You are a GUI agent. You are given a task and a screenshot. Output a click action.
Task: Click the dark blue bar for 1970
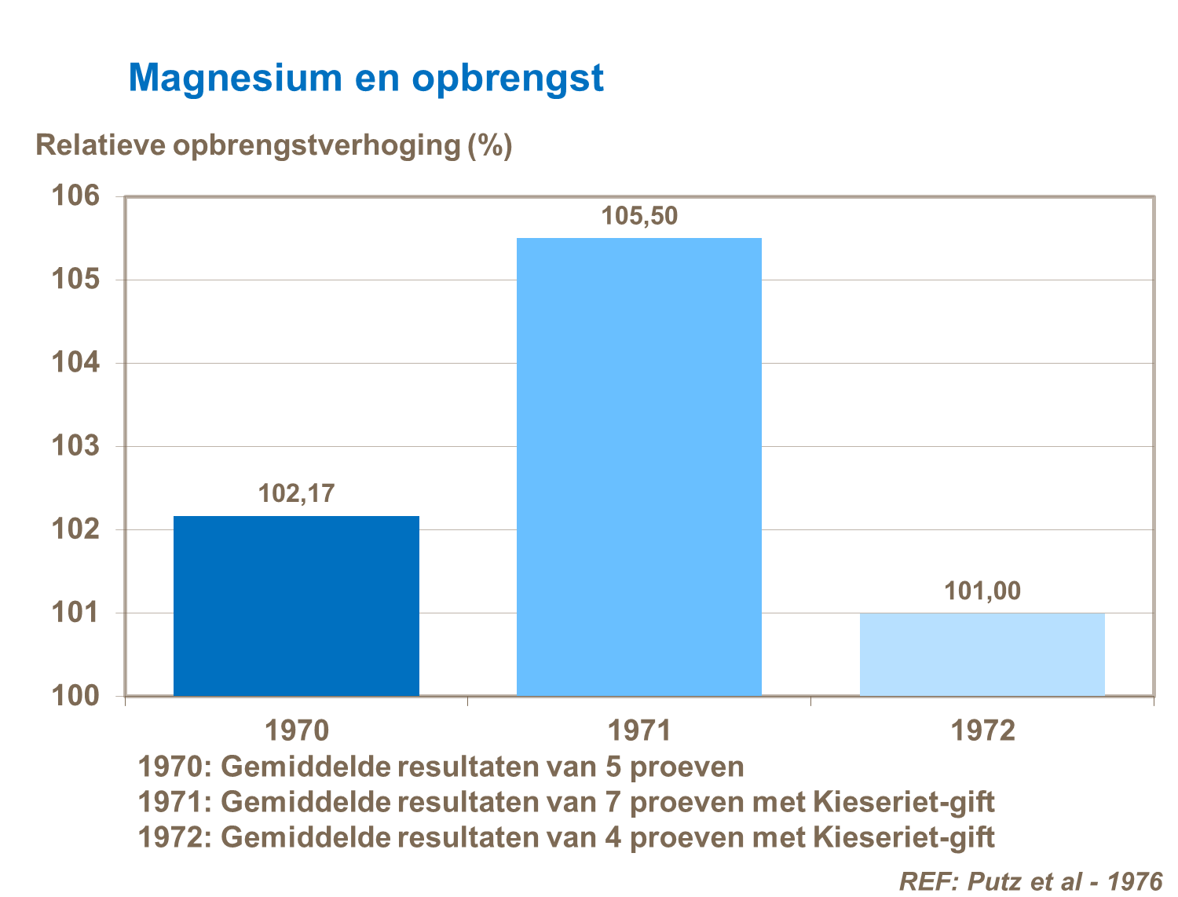tap(296, 606)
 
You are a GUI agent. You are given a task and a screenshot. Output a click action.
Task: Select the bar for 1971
tap(638, 467)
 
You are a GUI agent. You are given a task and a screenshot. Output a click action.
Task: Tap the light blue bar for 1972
tap(982, 654)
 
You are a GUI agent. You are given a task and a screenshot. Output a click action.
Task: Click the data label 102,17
tap(296, 493)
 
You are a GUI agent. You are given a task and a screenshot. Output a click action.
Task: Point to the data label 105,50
tap(638, 216)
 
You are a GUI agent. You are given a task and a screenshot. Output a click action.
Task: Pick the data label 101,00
tap(982, 591)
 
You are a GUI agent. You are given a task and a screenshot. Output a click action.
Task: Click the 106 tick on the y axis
tap(76, 196)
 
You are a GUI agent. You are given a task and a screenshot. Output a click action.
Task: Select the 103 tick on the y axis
tap(76, 446)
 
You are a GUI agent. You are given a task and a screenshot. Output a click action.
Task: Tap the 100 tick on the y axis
tap(76, 696)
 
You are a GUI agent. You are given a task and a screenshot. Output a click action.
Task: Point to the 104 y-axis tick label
tap(76, 363)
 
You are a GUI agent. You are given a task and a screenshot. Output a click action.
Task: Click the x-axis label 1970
tap(296, 730)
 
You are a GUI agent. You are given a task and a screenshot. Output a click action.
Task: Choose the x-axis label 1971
tap(638, 730)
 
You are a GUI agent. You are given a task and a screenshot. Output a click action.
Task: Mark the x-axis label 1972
tap(982, 730)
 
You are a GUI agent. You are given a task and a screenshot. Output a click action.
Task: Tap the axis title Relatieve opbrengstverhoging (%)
tap(274, 146)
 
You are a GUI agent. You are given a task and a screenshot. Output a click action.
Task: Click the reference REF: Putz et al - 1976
tap(1030, 881)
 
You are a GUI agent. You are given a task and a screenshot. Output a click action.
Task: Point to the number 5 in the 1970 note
tap(613, 767)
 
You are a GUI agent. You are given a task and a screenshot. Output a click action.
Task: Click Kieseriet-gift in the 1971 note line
tap(903, 802)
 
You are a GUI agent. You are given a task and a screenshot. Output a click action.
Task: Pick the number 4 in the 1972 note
tap(613, 837)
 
